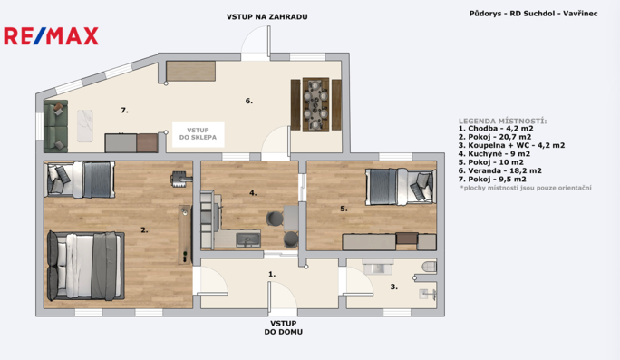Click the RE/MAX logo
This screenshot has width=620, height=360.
[x=51, y=36]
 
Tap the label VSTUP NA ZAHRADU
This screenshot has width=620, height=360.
[x=266, y=16]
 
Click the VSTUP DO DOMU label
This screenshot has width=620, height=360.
[x=284, y=327]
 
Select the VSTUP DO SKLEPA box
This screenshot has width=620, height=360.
[x=199, y=134]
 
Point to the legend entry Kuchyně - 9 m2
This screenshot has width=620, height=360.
[x=494, y=154]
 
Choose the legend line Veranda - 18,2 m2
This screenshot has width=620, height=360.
[x=499, y=170]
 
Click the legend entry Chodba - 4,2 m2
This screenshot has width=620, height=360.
[x=496, y=129]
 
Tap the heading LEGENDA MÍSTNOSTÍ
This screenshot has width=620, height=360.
[x=502, y=121]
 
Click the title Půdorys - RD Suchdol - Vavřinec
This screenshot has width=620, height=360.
[x=533, y=14]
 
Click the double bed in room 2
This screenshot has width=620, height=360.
[x=86, y=266]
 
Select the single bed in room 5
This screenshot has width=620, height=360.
[x=401, y=187]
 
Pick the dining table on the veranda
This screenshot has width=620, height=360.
[x=315, y=105]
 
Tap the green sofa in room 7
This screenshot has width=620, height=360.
[x=56, y=126]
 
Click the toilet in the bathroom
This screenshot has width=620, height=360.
[x=430, y=267]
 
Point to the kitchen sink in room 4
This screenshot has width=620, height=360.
[x=248, y=239]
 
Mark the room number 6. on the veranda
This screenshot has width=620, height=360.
[x=248, y=101]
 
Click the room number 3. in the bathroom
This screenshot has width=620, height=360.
[x=393, y=287]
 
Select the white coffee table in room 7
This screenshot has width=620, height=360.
[x=84, y=126]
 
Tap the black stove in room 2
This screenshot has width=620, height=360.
[x=181, y=179]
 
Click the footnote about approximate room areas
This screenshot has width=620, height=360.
[x=526, y=188]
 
